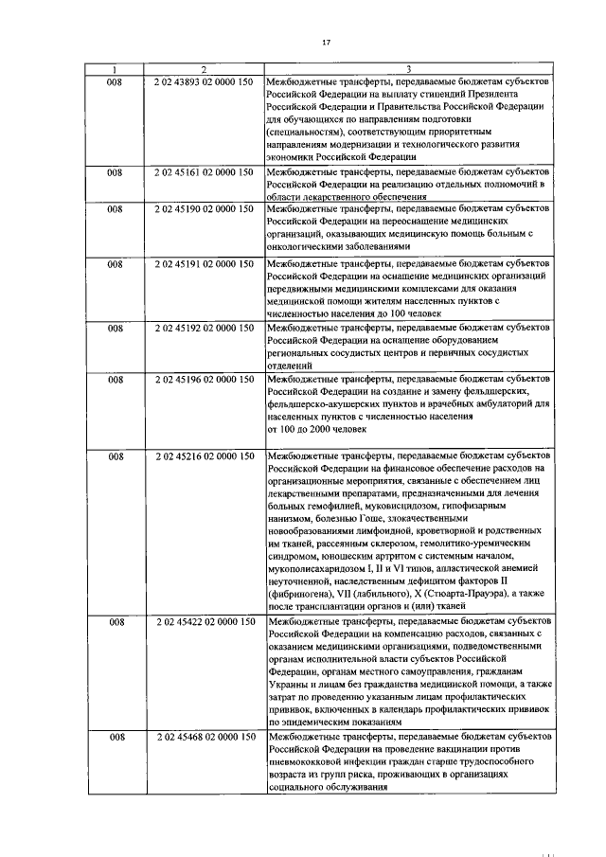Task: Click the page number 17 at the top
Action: pyautogui.click(x=326, y=43)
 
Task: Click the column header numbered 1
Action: pyautogui.click(x=115, y=69)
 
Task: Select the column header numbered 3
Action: pyautogui.click(x=408, y=69)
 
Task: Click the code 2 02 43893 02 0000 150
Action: pyautogui.click(x=203, y=82)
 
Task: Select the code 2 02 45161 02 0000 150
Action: pyautogui.click(x=203, y=172)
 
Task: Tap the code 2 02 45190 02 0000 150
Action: pyautogui.click(x=203, y=207)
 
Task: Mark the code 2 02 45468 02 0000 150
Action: pyautogui.click(x=203, y=736)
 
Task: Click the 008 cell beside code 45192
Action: pyautogui.click(x=115, y=328)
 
